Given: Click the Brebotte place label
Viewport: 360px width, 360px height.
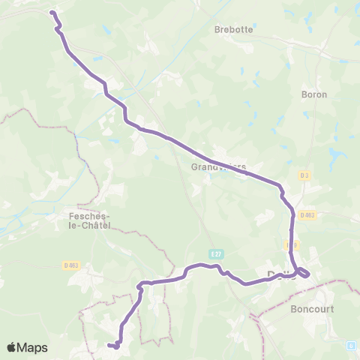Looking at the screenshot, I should pos(232,30).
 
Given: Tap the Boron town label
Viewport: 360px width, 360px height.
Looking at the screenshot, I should pos(313,95).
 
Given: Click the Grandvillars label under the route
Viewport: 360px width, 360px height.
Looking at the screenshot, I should pos(217,167).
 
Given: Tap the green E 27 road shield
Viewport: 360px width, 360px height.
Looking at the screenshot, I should pos(216,255).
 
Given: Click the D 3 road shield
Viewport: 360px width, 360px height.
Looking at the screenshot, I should pos(304,175).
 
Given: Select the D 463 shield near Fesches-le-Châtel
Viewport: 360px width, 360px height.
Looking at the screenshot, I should pos(71,265).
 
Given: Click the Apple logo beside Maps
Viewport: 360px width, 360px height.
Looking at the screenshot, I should pos(12,347).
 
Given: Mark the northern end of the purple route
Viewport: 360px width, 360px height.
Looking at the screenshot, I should pos(52,12).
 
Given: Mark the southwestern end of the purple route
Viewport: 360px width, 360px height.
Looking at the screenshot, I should pos(109,345).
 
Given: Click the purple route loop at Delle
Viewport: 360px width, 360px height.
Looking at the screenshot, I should pos(304,272).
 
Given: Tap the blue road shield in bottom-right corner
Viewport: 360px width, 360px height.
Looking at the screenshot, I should pos(350,346).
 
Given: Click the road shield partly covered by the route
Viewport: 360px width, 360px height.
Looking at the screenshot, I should pos(293,244).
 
